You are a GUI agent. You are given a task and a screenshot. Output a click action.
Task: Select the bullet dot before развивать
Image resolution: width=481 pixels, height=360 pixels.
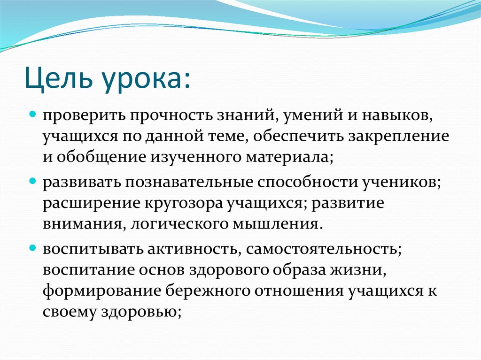click(33, 180)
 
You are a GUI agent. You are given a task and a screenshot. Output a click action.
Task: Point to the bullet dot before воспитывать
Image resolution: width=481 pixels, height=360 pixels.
click(33, 246)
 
